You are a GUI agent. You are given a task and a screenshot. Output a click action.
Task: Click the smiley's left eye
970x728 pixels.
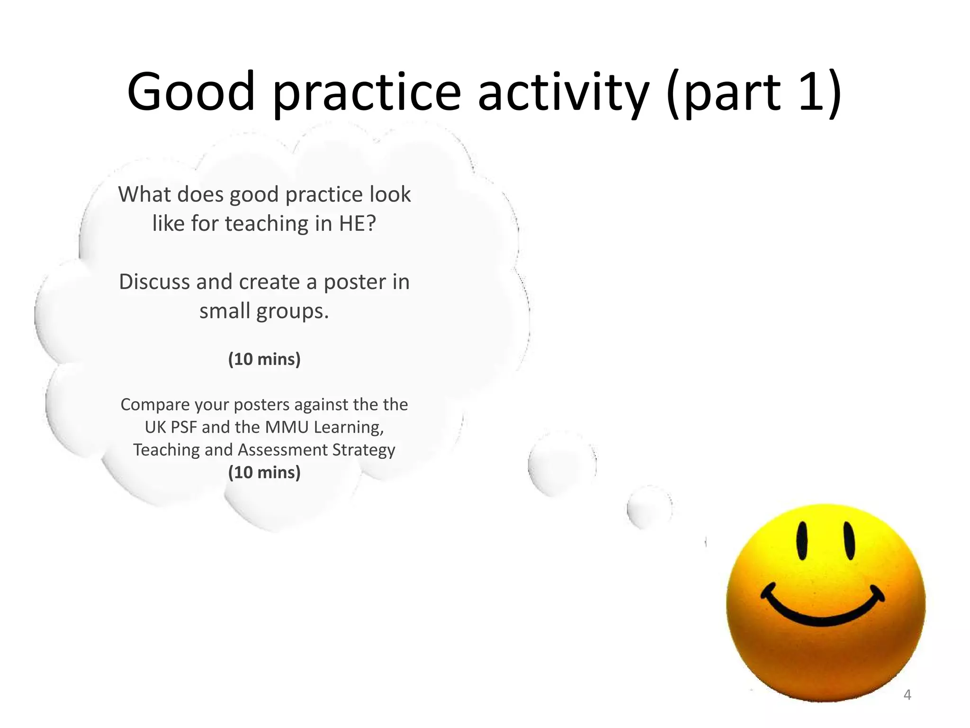(802, 541)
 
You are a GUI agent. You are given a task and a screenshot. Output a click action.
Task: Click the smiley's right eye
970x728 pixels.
(849, 541)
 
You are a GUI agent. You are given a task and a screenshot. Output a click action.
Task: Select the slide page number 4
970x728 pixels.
(907, 695)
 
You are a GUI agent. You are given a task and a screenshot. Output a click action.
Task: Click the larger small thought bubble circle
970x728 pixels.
(562, 464)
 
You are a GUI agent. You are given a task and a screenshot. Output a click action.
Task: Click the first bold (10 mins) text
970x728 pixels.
(264, 359)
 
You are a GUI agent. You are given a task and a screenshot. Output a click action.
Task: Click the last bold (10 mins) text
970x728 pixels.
(264, 472)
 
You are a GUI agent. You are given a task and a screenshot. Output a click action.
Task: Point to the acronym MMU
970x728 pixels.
(287, 427)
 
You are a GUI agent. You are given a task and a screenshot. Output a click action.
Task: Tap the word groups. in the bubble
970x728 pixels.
(292, 311)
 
